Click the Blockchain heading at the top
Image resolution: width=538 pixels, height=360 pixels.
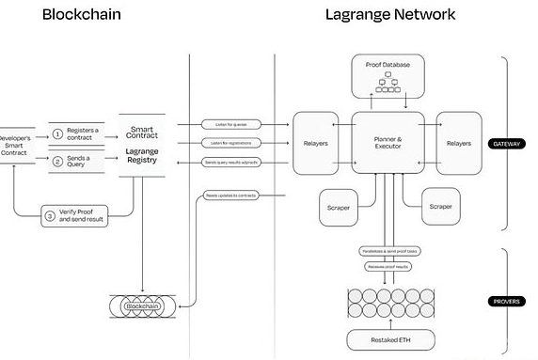81,15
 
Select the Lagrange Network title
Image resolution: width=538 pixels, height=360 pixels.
389,15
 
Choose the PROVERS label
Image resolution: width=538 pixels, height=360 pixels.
508,301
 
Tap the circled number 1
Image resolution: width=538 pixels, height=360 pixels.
57,134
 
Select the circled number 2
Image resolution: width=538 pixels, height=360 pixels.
57,161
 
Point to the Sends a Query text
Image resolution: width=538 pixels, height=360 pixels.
84,161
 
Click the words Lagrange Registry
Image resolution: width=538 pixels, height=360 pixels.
142,154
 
